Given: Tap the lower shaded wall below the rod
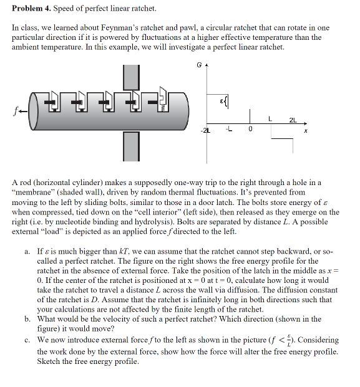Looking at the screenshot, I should [130, 146].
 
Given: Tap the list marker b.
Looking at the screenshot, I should [27, 318].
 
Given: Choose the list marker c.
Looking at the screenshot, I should [27, 340].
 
